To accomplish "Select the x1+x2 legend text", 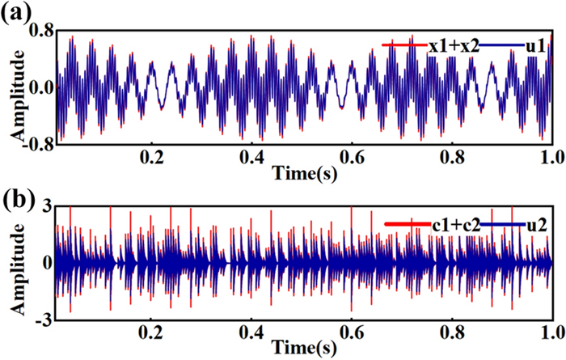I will pyautogui.click(x=454, y=46).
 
